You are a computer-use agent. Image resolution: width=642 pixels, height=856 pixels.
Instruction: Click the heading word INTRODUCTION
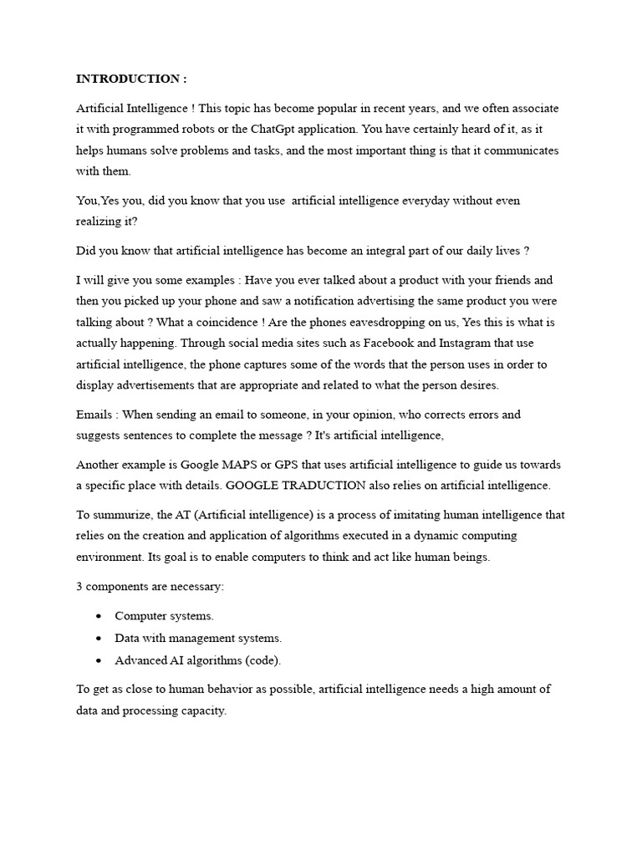[x=126, y=79]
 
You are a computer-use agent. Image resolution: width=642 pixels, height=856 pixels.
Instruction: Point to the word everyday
[x=430, y=201]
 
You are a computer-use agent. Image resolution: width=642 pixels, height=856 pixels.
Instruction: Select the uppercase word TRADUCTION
[x=317, y=486]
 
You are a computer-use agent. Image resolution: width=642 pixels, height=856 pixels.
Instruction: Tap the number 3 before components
[x=79, y=586]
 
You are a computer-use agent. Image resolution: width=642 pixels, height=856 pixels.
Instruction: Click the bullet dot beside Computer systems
[x=99, y=616]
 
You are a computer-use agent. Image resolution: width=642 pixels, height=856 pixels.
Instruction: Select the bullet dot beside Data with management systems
[x=99, y=638]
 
